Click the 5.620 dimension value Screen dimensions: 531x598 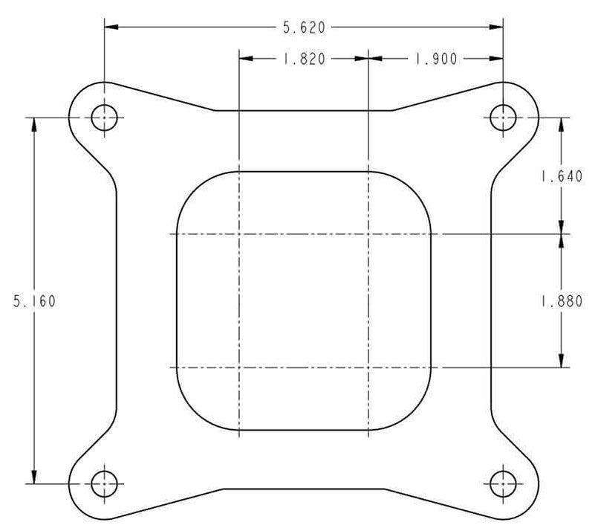(304, 28)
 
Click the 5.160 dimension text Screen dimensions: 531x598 (34, 301)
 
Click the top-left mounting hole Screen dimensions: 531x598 (104, 118)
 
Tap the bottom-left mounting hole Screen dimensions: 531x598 (104, 484)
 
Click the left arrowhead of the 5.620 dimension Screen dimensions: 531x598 (110, 28)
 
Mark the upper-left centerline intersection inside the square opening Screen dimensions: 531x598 (239, 234)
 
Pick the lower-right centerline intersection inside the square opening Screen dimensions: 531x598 (368, 367)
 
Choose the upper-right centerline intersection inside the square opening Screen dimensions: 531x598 (368, 234)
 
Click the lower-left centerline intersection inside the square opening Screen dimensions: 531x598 (239, 367)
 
